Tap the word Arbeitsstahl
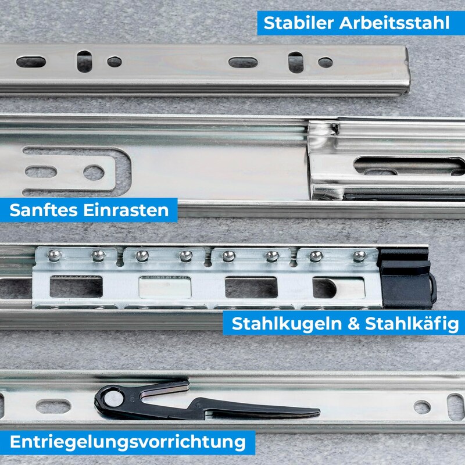point(395,24)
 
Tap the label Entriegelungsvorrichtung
point(127,442)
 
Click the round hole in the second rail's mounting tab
point(94,172)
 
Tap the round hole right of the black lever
point(423,406)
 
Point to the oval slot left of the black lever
point(53,406)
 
